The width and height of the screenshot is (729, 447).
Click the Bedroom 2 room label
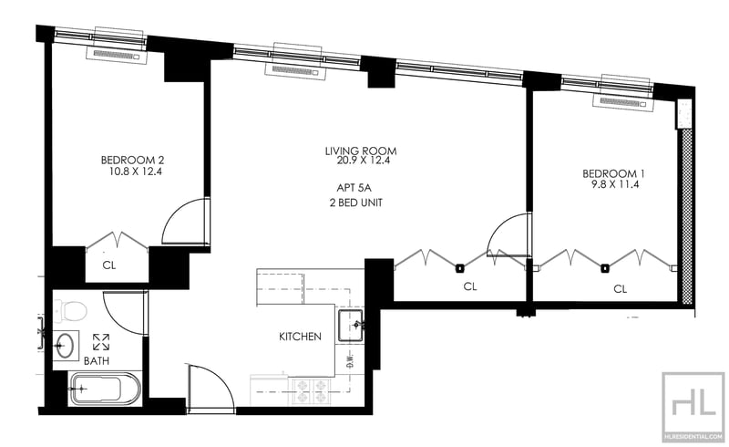132,158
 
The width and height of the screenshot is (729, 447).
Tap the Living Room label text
362,151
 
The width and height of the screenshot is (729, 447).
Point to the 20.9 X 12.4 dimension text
362,161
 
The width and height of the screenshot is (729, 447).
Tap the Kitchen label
300,337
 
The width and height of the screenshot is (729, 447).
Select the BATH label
97,360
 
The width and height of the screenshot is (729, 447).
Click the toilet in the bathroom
71,310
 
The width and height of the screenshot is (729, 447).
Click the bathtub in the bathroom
104,390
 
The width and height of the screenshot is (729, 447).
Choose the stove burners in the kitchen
310,390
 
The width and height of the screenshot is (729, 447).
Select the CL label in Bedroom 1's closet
621,288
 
